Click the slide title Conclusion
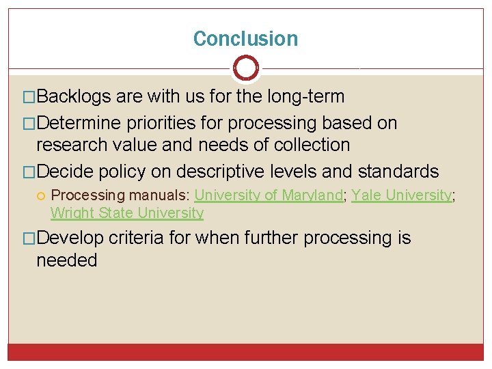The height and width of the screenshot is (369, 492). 245,39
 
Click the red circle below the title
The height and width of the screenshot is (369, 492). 246,68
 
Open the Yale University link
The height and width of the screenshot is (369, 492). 401,195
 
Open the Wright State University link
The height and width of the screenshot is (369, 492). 127,213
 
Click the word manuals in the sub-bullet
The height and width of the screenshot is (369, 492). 158,195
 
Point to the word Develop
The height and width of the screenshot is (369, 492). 70,238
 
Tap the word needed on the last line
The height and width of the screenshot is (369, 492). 67,260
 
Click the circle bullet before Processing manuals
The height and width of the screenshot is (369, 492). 41,196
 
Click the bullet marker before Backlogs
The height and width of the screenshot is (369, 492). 28,97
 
